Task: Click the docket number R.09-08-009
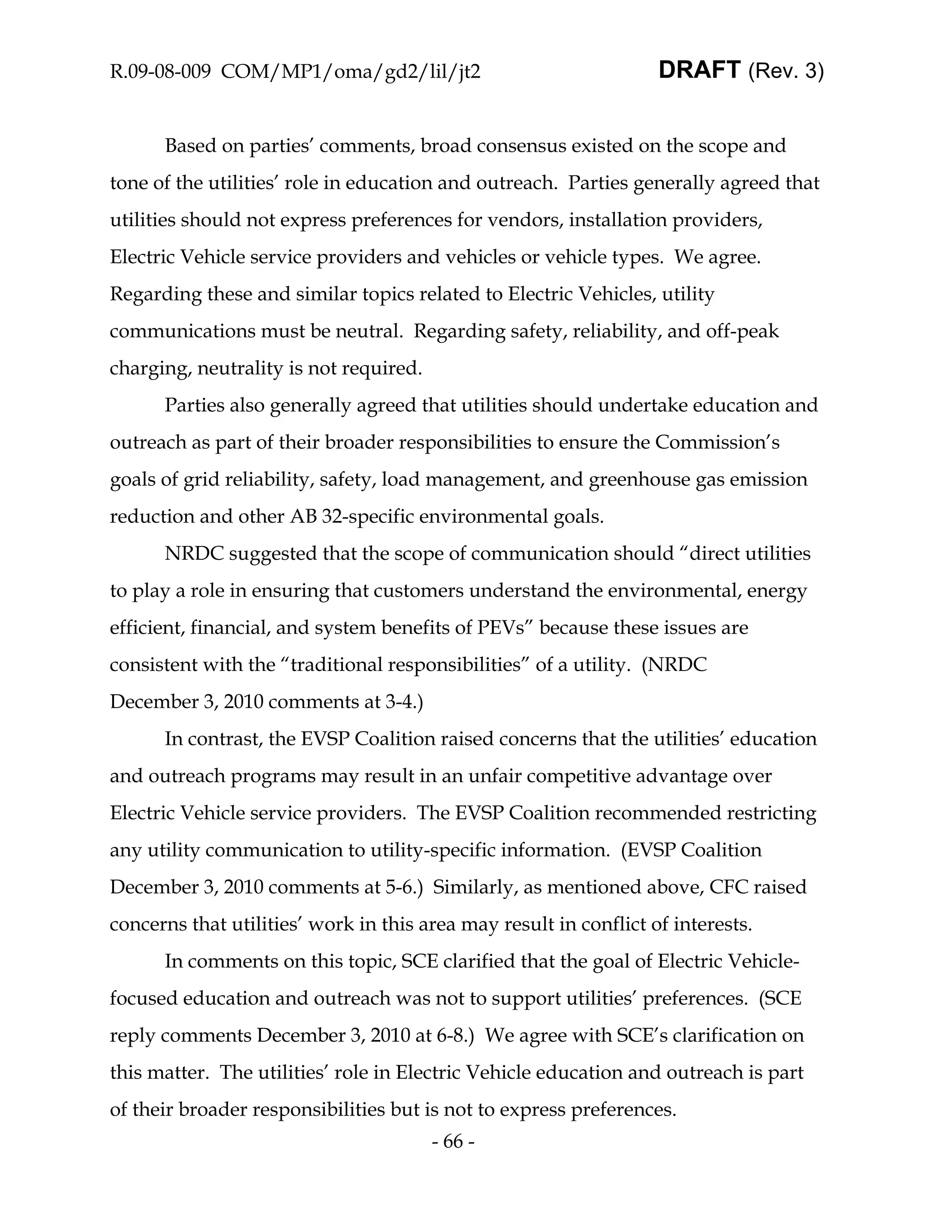pos(160,72)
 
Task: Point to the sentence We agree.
pos(717,257)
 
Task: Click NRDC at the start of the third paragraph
pos(194,553)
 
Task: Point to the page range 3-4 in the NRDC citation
pos(400,702)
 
